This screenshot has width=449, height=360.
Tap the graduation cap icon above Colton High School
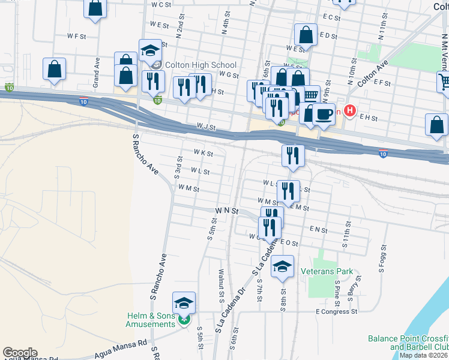click(x=150, y=50)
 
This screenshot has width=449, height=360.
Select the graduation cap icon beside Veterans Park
click(x=282, y=266)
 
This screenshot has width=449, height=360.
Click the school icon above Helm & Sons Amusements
click(x=184, y=303)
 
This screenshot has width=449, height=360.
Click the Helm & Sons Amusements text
click(x=150, y=320)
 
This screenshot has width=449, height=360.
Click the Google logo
click(x=20, y=353)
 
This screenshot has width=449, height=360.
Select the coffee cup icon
click(x=324, y=114)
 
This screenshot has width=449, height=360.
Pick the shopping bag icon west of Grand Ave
click(x=55, y=69)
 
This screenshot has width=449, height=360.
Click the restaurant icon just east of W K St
click(x=293, y=155)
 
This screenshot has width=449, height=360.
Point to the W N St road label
click(x=227, y=211)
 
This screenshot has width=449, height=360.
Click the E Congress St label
click(x=336, y=311)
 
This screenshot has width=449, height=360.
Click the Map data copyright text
click(x=423, y=355)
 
